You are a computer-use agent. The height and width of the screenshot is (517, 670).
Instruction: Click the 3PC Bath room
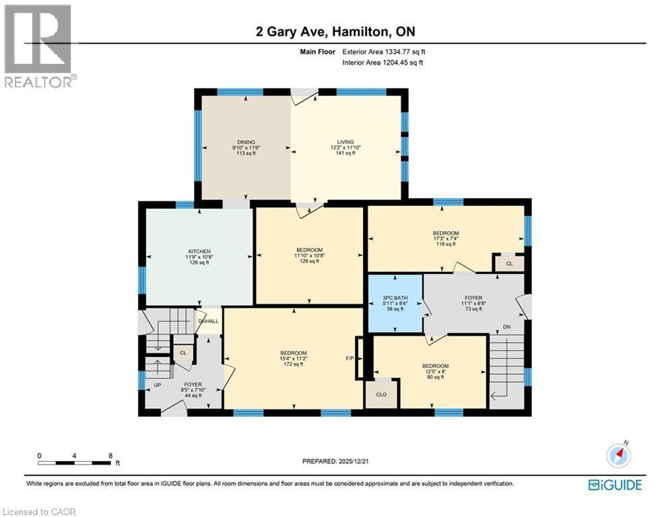coord(395,304)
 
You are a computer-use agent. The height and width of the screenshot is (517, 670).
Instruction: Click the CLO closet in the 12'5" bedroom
coord(381,394)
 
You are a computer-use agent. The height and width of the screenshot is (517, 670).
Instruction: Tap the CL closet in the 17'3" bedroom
coord(509,264)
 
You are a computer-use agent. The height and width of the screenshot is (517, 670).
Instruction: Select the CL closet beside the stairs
coord(182,352)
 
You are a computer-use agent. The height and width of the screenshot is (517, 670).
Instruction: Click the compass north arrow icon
coord(617,456)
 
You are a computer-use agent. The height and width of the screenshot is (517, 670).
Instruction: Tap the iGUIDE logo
coord(615,485)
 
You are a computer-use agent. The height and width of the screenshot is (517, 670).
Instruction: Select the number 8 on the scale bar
coord(110,456)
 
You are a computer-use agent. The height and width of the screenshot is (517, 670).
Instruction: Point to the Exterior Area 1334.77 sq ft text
coord(384,51)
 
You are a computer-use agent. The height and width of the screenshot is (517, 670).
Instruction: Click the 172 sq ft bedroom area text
coord(294,364)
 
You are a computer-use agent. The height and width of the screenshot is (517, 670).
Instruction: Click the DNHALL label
coord(209,321)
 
